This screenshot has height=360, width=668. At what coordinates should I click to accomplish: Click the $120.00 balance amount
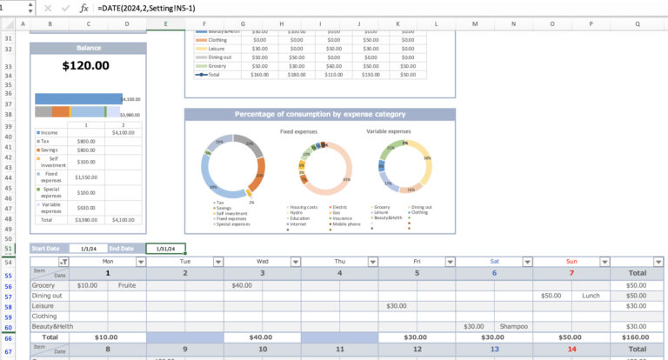click(87, 65)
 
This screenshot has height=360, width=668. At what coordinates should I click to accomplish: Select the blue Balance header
click(88, 48)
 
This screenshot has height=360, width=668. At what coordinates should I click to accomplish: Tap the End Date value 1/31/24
click(165, 249)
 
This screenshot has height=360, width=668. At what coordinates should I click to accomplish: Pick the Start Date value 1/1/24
click(88, 249)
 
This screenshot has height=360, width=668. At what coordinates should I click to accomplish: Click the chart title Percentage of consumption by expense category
click(319, 114)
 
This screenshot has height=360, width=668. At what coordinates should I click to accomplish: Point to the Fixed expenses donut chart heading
click(297, 131)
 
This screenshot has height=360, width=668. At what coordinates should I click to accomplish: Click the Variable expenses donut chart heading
click(388, 131)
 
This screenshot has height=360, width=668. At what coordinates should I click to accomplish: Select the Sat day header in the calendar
click(494, 261)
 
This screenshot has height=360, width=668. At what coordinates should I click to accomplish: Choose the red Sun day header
click(571, 261)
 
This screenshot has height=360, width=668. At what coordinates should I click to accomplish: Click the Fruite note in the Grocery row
click(127, 285)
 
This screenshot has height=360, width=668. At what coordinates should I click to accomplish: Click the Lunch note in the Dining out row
click(591, 296)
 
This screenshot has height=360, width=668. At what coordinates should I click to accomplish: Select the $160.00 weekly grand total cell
click(636, 337)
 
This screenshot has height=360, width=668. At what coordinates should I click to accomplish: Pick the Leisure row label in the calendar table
click(43, 306)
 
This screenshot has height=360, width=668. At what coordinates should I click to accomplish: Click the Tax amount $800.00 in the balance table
click(86, 141)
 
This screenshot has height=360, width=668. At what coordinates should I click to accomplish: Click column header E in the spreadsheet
click(165, 23)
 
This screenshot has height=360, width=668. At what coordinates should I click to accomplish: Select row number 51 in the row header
click(9, 249)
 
